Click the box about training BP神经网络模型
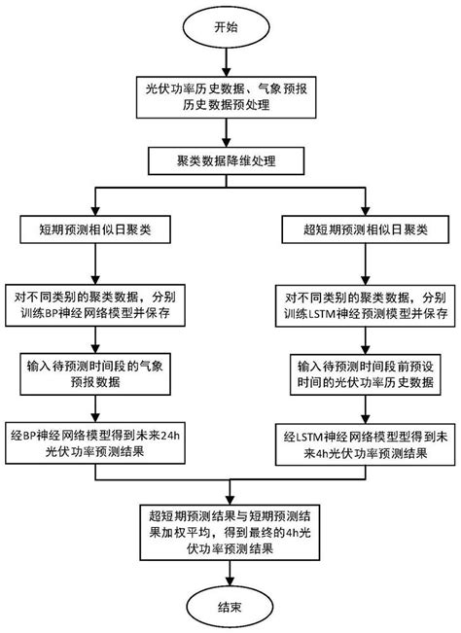[94, 304]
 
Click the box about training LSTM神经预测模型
[364, 304]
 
